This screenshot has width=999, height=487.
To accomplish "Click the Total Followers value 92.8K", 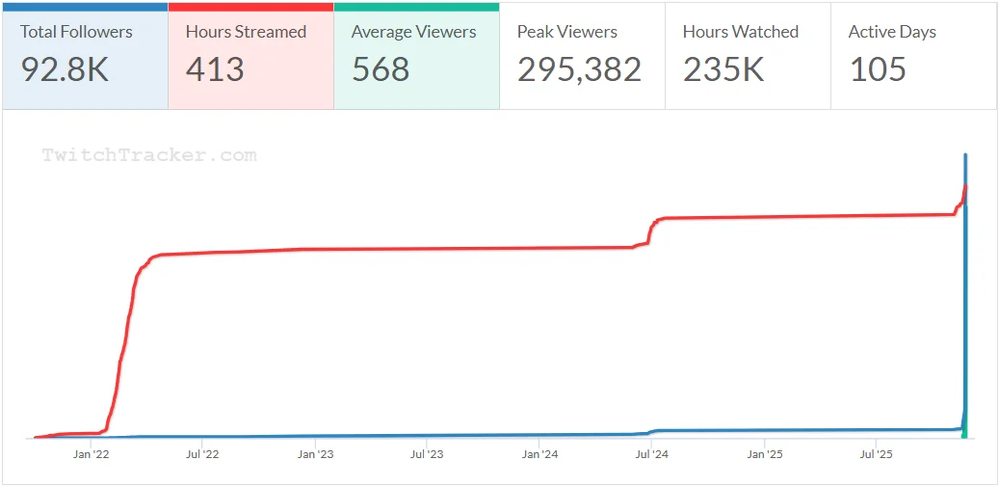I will coord(65,69).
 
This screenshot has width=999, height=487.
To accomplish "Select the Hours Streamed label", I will coord(246,32).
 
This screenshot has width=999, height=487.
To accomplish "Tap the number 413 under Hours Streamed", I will coord(215,69).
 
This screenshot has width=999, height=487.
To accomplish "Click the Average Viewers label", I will coord(413,32).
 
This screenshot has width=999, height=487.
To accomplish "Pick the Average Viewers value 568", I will coord(381,69).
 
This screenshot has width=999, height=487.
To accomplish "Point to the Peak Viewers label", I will coord(566,32).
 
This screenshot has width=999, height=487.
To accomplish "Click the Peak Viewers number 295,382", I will coord(579,69).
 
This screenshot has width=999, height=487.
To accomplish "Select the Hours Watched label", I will coord(740,32).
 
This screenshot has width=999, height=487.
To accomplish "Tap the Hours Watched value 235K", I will coord(723,69).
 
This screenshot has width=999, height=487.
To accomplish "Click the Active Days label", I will coord(891,32).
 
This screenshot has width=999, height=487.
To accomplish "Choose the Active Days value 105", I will coord(878,69).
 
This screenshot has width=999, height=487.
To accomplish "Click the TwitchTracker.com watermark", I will coord(149,155).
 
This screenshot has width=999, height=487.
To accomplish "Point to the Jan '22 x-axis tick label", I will coord(92,453).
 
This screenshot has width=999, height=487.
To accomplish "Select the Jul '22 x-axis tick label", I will coord(202,453).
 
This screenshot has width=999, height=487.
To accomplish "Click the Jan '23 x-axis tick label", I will coord(315,453).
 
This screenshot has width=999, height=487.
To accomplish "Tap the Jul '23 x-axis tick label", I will coord(426,453).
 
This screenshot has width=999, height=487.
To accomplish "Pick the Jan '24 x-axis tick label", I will coord(539,453).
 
